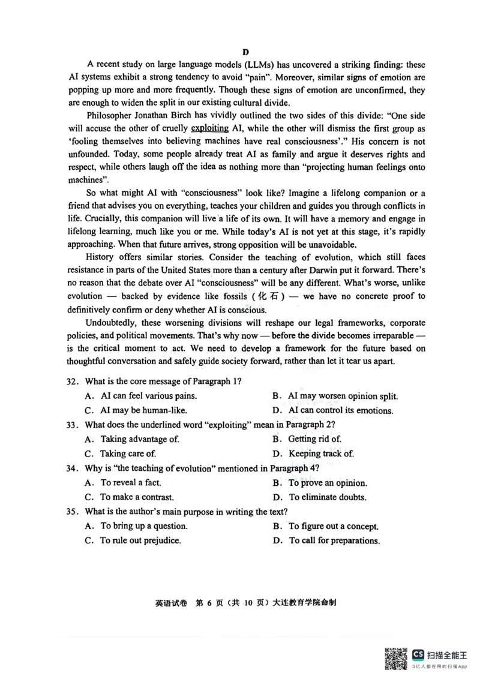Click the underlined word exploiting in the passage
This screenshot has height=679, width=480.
[209, 128]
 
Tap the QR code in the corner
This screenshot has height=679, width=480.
[396, 659]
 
